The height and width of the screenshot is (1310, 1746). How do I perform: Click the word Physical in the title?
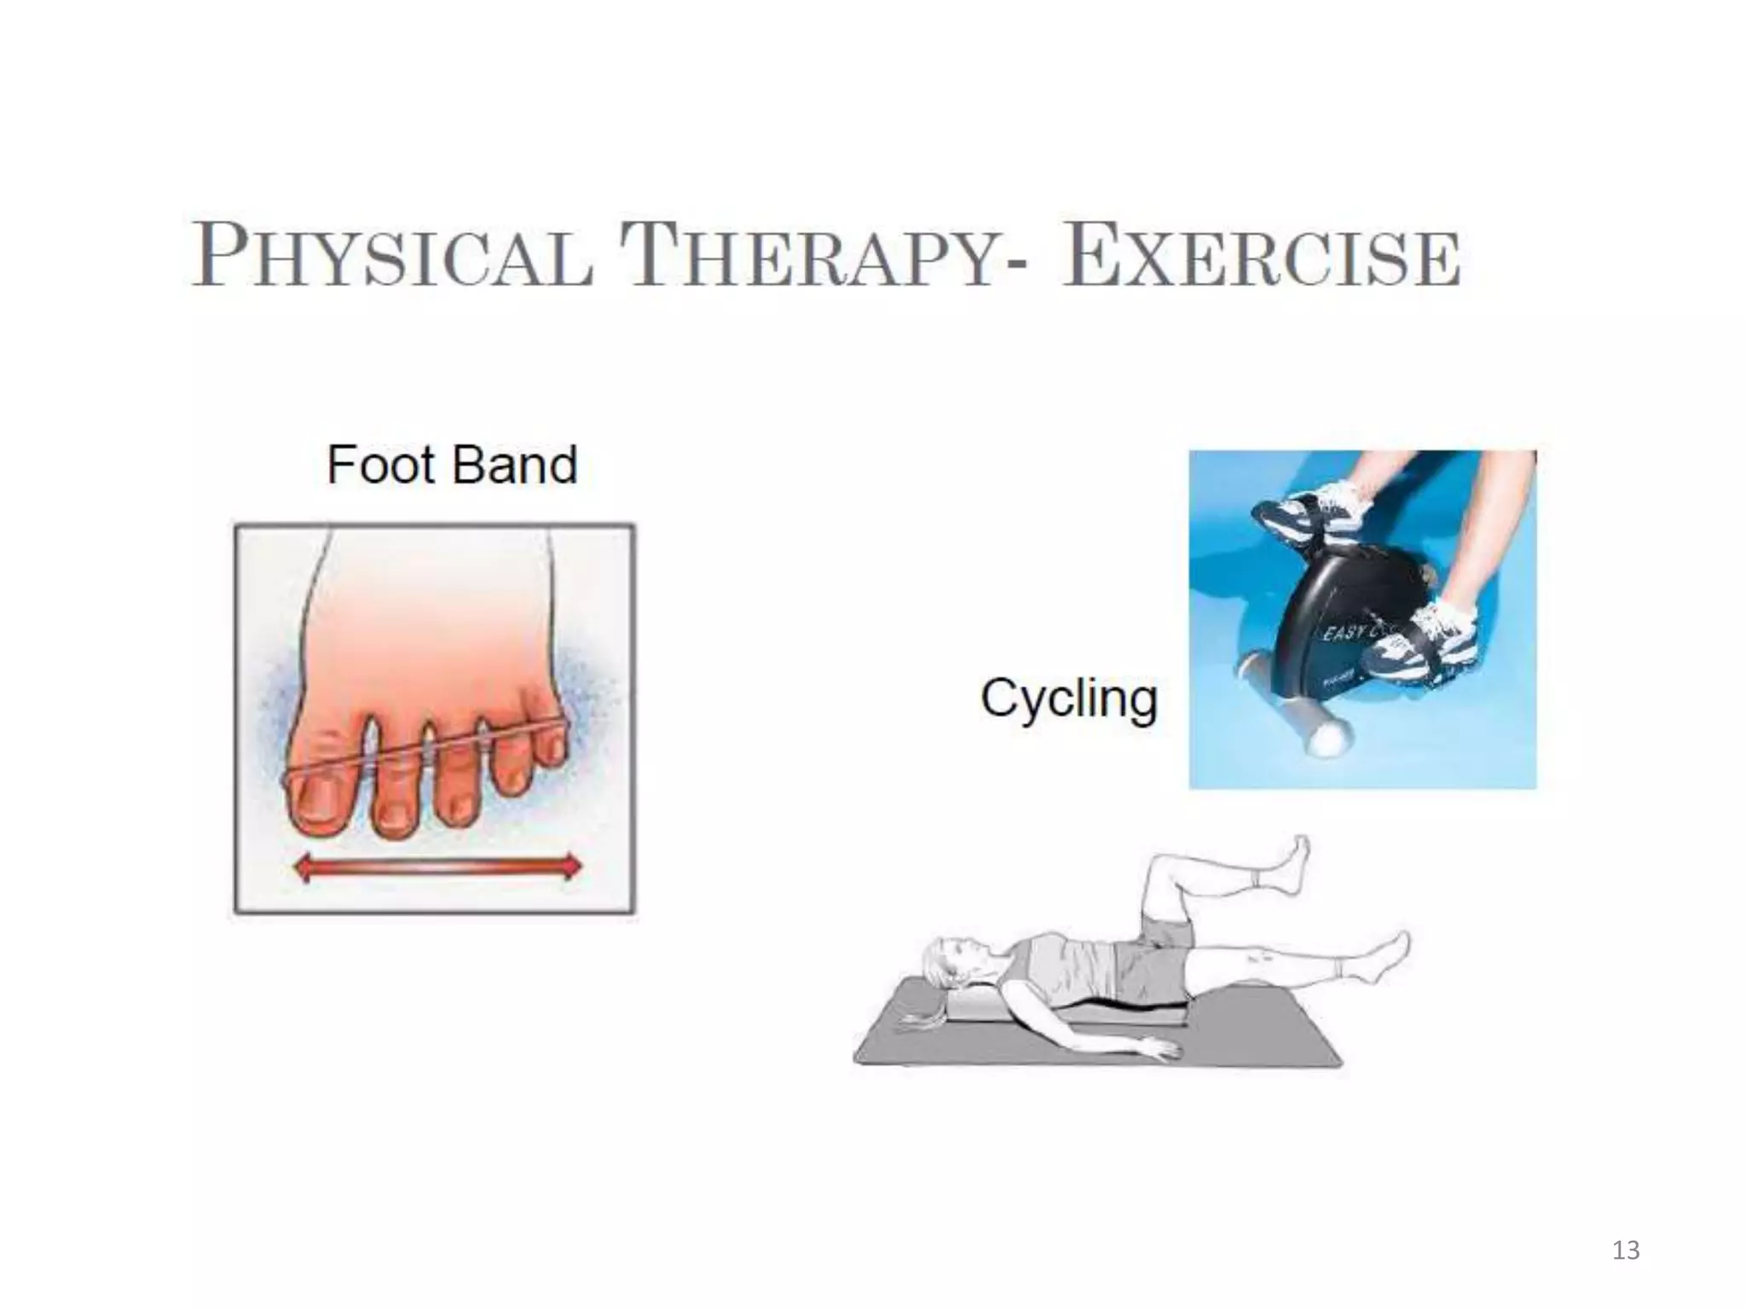click(x=392, y=256)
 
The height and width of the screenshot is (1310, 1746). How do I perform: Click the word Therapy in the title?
click(x=810, y=256)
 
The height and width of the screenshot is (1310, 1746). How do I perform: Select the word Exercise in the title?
click(x=1260, y=256)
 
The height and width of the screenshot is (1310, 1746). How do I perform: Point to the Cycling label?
click(x=1069, y=699)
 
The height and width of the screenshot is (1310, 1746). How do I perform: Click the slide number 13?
click(x=1626, y=1250)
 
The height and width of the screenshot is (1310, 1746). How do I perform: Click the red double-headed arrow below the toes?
click(x=437, y=868)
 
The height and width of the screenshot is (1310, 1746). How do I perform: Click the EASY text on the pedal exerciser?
click(x=1342, y=633)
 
